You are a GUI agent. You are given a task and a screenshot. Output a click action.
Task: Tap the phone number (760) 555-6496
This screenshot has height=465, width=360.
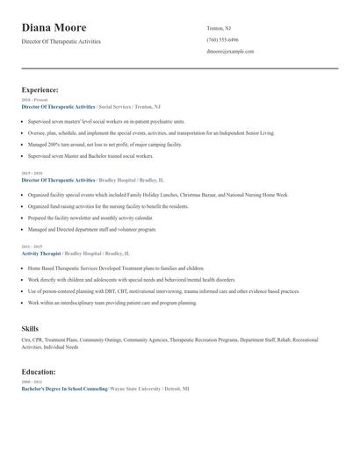click(222, 39)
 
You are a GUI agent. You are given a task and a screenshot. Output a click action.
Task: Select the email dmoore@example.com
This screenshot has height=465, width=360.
click(230, 51)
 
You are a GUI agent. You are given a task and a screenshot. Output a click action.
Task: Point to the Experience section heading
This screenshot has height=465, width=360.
click(40, 89)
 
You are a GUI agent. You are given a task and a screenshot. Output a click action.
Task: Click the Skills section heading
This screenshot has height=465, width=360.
click(30, 328)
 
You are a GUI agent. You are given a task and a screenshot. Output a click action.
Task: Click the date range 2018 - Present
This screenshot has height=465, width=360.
click(35, 100)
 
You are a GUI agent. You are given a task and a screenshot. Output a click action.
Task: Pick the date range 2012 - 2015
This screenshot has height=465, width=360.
click(33, 247)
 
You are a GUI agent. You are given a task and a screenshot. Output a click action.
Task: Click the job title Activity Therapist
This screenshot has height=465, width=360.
click(42, 253)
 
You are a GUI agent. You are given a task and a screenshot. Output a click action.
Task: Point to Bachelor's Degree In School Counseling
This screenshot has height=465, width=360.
click(64, 387)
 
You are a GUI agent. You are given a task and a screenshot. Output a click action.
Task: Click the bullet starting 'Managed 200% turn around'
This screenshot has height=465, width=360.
click(105, 143)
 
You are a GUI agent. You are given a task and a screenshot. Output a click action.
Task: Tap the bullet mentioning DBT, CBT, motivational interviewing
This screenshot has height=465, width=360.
click(162, 290)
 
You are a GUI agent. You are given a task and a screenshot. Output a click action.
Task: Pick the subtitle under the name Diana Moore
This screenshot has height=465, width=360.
click(61, 41)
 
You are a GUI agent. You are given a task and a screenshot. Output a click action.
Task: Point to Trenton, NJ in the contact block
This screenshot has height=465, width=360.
click(220, 28)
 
